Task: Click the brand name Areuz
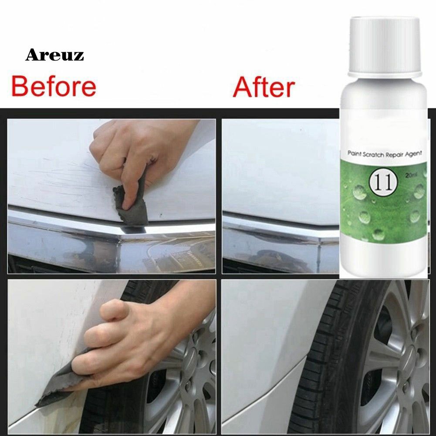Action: tap(54, 55)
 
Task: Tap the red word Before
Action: tap(54, 87)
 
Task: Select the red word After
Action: tap(264, 87)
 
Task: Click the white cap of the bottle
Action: tap(385, 47)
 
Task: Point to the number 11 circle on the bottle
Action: tap(383, 183)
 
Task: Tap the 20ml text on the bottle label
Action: tap(412, 175)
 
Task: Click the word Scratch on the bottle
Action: tap(372, 154)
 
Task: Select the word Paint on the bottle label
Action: tap(354, 154)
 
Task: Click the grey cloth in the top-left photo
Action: tap(130, 206)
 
